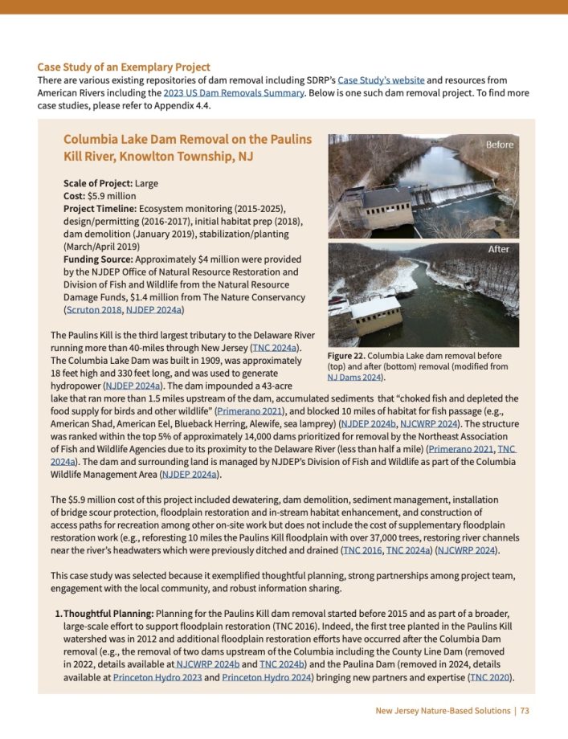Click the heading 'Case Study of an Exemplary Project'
(x=124, y=67)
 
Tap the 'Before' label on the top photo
(x=499, y=145)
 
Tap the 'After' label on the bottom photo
(x=499, y=250)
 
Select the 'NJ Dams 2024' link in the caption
(x=353, y=377)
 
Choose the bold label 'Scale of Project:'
(x=98, y=183)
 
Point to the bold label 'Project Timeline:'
(x=100, y=209)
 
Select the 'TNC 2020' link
(x=489, y=677)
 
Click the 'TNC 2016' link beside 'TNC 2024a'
(x=362, y=550)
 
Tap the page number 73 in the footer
(x=524, y=711)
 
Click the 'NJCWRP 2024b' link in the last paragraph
(x=208, y=664)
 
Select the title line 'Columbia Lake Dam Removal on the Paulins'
(x=187, y=139)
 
